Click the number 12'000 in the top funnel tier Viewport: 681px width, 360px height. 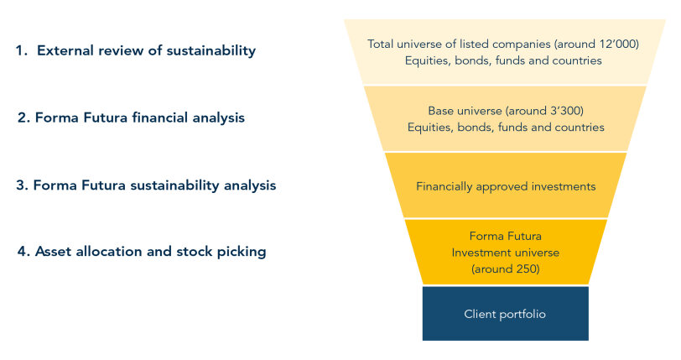point(618,44)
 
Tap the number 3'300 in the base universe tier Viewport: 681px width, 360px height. point(567,111)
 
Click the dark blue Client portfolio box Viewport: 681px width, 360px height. point(506,313)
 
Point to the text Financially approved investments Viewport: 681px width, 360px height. point(506,186)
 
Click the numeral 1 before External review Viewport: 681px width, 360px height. point(19,51)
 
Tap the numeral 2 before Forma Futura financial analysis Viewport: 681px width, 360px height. point(22,117)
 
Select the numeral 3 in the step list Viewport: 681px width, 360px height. point(21,185)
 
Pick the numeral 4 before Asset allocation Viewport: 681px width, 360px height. point(22,252)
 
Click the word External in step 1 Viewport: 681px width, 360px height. point(65,50)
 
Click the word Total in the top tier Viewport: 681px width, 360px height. point(380,44)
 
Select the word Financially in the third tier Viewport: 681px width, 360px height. point(444,186)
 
